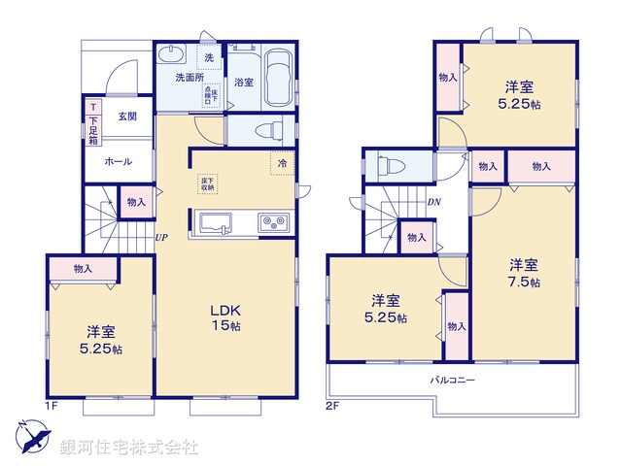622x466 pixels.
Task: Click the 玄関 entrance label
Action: pos(127,116)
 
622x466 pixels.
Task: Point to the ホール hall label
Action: pos(118,161)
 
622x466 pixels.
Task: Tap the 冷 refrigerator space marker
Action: pos(282,163)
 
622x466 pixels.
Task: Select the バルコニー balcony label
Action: pos(453,380)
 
